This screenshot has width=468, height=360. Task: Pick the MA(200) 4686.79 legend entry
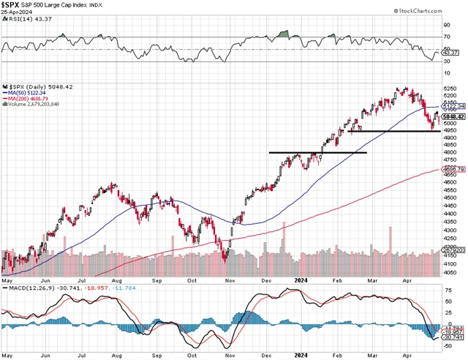click(x=31, y=99)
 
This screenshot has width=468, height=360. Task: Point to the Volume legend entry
click(x=33, y=105)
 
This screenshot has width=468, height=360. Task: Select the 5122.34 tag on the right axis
click(x=453, y=106)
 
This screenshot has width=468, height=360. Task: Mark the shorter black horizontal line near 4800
click(x=317, y=152)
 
